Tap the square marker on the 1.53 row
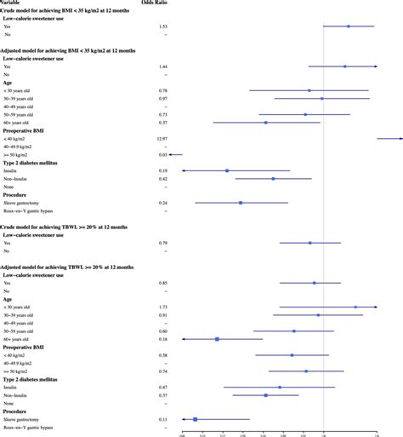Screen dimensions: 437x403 [x=349, y=26]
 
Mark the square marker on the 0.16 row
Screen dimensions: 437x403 [x=217, y=339]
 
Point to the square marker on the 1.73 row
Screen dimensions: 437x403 [x=355, y=307]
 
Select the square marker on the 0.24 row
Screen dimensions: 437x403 [x=241, y=203]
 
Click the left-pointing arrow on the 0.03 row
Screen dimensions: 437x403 [x=171, y=154]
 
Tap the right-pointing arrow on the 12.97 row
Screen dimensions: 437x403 [x=400, y=138]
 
